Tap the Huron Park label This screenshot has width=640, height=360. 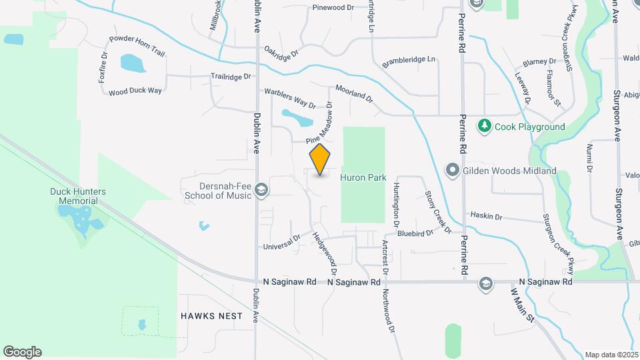[363, 178]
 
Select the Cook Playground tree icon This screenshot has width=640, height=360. [485, 125]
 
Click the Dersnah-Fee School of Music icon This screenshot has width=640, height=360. [261, 191]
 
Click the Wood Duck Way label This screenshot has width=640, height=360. [135, 91]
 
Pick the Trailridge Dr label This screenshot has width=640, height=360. [231, 77]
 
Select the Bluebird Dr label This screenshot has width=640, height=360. [415, 233]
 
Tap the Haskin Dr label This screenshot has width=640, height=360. [486, 216]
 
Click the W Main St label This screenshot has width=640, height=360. [523, 305]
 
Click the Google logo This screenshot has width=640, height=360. [22, 351]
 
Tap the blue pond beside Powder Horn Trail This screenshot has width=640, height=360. [133, 63]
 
